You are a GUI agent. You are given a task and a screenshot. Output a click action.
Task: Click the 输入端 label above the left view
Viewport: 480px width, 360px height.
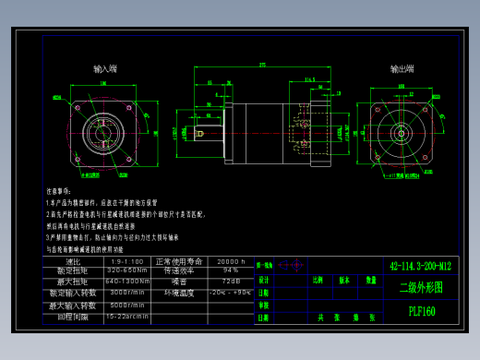(x=105, y=69)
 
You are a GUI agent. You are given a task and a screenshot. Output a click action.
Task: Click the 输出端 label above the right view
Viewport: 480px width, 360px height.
(x=402, y=69)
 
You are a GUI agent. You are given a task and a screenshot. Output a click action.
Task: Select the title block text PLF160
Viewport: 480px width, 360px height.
(x=422, y=311)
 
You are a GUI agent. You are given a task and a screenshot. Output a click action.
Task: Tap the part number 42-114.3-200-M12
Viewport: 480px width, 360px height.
(x=421, y=266)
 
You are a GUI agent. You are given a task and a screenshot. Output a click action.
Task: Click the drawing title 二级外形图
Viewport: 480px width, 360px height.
(x=421, y=287)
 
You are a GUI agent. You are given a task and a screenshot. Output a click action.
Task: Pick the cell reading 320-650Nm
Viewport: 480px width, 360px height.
(x=127, y=271)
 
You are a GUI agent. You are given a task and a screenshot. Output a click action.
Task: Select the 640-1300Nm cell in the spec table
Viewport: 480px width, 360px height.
(x=127, y=282)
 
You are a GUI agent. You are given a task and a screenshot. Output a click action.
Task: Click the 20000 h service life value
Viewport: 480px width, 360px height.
(x=231, y=261)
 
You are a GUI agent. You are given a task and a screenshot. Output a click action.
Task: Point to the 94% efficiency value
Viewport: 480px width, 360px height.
(x=231, y=271)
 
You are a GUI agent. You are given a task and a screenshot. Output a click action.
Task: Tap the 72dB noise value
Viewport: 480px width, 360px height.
(x=231, y=282)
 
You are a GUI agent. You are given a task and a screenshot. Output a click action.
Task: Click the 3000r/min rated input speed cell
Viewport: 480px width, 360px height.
(x=127, y=293)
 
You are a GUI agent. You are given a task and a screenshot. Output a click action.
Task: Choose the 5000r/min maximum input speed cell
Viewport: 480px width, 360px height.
(x=127, y=305)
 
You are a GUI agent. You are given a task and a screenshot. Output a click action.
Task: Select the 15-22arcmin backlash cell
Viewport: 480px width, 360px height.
(x=127, y=316)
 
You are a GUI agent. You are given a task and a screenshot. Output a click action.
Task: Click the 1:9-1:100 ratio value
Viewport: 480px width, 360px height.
(x=127, y=261)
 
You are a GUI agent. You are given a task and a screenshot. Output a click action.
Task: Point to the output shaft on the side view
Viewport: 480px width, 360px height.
(x=208, y=133)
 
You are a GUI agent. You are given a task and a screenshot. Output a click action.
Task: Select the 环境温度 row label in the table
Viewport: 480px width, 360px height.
(x=179, y=293)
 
